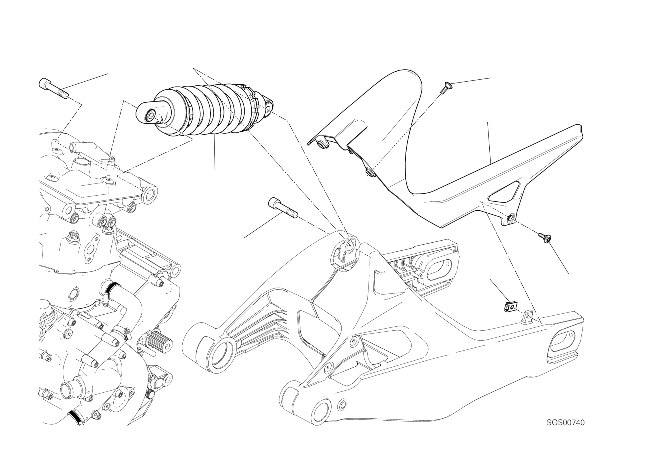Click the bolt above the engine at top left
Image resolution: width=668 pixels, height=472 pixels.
54,88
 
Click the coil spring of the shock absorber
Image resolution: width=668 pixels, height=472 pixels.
204,110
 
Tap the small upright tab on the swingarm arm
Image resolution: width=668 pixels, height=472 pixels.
529,316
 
